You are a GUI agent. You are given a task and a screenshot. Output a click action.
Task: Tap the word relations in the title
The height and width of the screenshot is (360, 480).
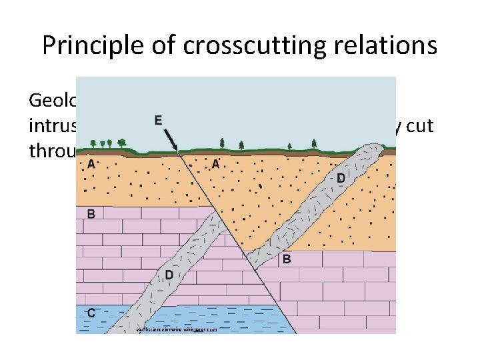[x=391, y=45]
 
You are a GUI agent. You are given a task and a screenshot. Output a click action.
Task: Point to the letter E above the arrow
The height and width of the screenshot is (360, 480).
[x=158, y=121]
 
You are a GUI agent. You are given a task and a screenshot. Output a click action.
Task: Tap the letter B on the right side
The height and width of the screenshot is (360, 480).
[x=286, y=259]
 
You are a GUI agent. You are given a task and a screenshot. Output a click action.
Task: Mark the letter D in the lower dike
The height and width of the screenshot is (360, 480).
[x=169, y=275]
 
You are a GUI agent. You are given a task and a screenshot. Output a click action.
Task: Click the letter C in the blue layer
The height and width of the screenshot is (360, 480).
[x=91, y=312]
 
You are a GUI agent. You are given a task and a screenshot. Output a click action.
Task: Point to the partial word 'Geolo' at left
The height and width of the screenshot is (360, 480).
[x=52, y=101]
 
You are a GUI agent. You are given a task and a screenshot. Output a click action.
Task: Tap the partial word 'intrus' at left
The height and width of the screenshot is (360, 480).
[x=52, y=126]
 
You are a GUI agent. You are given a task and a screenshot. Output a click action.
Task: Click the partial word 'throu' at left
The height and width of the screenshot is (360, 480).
[x=52, y=151]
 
